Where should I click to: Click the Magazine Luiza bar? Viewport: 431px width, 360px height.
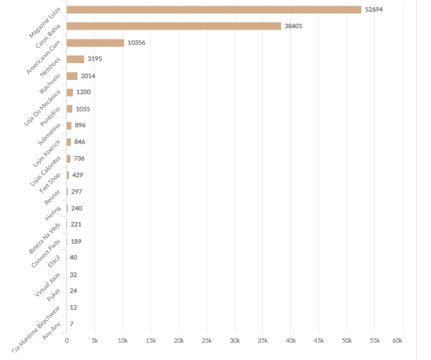214,10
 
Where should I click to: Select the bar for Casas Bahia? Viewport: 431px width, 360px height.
173,26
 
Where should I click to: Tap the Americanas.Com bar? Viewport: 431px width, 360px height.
95,43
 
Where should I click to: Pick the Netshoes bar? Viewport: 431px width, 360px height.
75,59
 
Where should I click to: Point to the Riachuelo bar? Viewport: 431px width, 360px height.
72,76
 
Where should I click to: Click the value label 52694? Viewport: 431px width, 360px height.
374,10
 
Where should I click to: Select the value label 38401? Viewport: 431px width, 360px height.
294,26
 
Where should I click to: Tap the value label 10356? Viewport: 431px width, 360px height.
136,43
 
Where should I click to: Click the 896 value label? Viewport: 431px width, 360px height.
80,125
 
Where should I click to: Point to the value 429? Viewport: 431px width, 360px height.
77,175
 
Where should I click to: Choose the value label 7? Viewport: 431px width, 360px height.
72,324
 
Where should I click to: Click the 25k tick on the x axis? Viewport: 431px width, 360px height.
207,341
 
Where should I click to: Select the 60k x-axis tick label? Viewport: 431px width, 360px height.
397,341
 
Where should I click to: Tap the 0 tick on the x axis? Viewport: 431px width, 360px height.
67,341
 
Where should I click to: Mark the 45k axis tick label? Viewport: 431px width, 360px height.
318,341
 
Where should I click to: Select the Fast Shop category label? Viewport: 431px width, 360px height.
50,183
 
